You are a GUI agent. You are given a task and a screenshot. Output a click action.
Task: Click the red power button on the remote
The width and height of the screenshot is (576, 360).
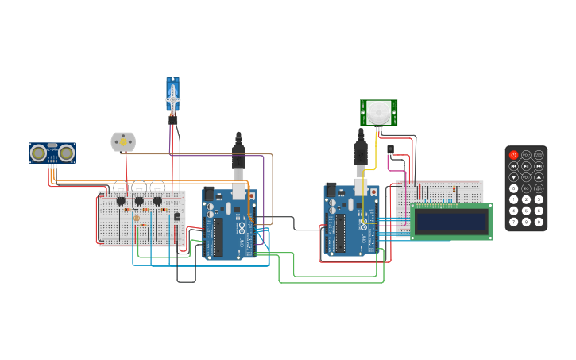(513, 155)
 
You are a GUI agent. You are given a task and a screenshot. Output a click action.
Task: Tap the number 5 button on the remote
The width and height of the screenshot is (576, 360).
(526, 211)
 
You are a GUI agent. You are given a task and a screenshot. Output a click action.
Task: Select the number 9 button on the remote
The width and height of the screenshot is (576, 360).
(539, 222)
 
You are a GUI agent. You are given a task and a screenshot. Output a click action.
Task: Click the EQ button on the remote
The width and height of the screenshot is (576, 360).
(526, 188)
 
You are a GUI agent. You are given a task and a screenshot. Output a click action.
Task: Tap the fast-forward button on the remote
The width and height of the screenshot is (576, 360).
(539, 166)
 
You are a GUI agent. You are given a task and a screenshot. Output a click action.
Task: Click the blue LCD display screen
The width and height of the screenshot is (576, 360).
(451, 221)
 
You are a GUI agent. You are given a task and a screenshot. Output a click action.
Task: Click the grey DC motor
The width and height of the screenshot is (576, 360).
(123, 141)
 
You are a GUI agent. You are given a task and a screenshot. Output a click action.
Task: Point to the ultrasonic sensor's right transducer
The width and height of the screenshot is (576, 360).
(67, 153)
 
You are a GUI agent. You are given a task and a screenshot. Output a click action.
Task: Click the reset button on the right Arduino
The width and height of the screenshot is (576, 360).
(373, 192)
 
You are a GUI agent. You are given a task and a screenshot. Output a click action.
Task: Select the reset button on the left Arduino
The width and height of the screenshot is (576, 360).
(252, 194)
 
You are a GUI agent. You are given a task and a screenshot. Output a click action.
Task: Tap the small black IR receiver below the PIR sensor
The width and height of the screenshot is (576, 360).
(390, 149)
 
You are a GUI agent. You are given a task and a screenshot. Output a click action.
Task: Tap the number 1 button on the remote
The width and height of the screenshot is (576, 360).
(513, 199)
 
